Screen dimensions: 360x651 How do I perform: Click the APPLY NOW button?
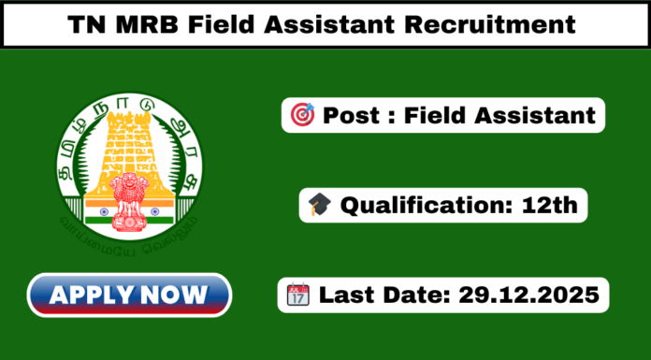point(129,295)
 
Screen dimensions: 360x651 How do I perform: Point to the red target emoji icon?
point(303,116)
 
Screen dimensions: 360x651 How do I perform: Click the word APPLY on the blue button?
point(94,295)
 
